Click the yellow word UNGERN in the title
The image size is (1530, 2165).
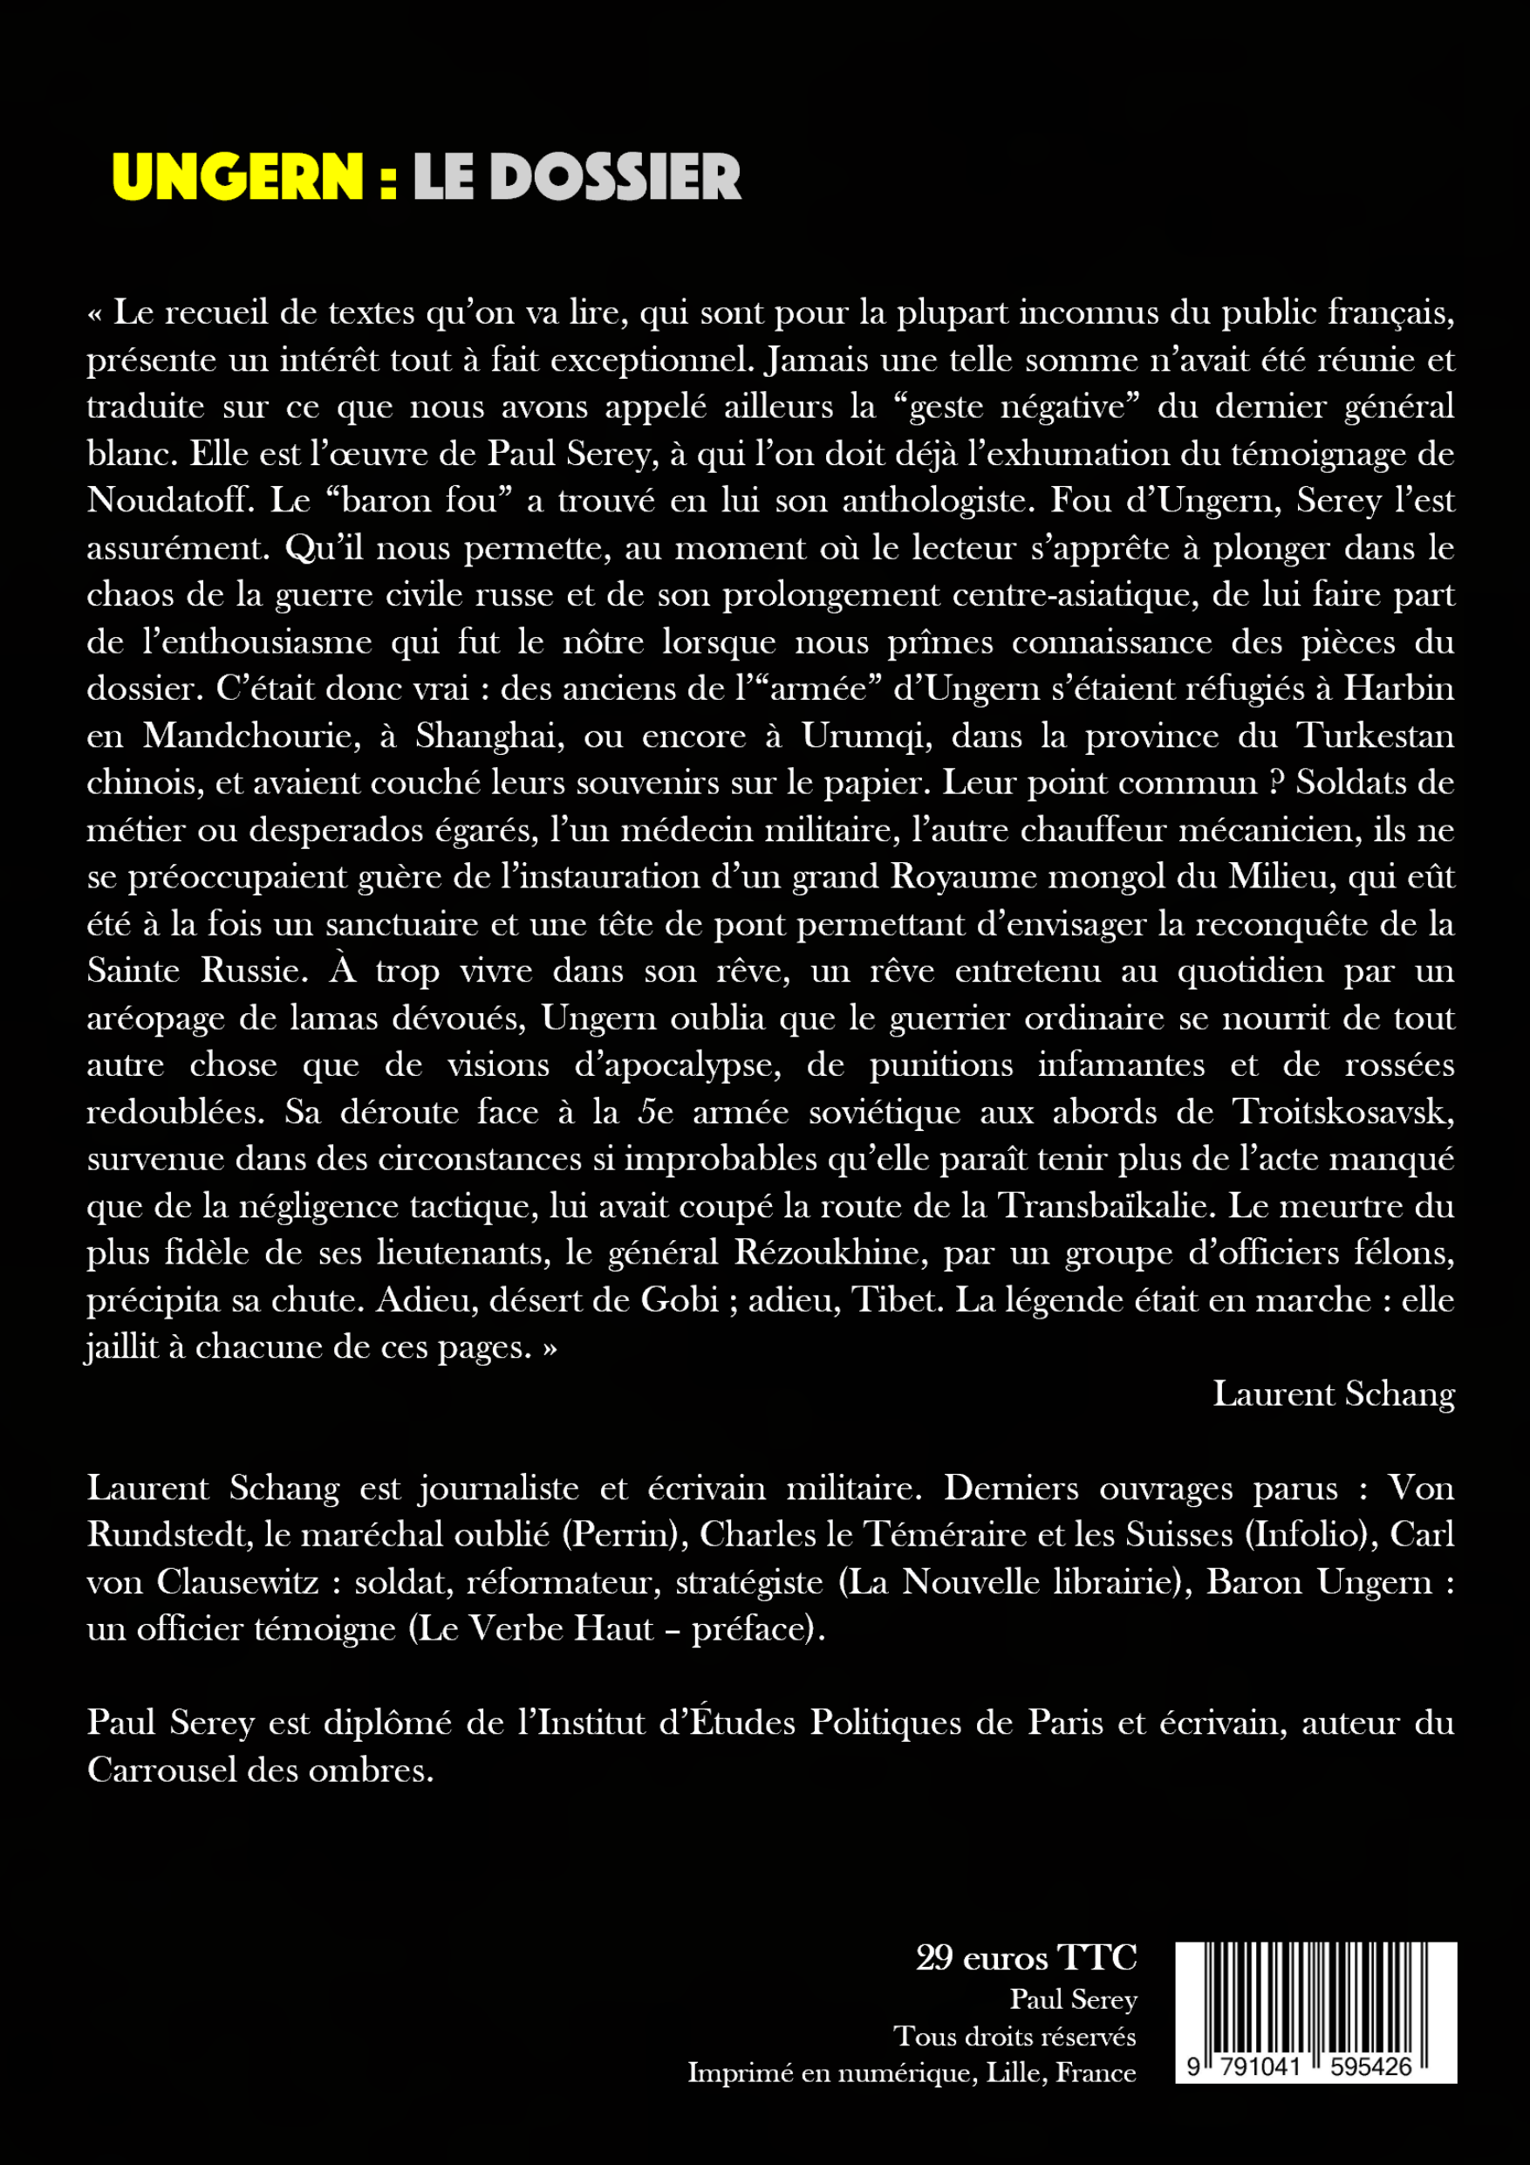(x=237, y=176)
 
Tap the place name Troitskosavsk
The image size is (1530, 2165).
(x=1344, y=1112)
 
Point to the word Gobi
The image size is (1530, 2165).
(x=680, y=1300)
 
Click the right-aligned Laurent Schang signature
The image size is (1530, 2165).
(x=1333, y=1394)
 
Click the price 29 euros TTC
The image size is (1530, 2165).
(x=1026, y=1958)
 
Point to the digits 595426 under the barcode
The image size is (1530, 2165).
(x=1370, y=2068)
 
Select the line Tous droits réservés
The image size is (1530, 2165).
(x=1014, y=2037)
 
